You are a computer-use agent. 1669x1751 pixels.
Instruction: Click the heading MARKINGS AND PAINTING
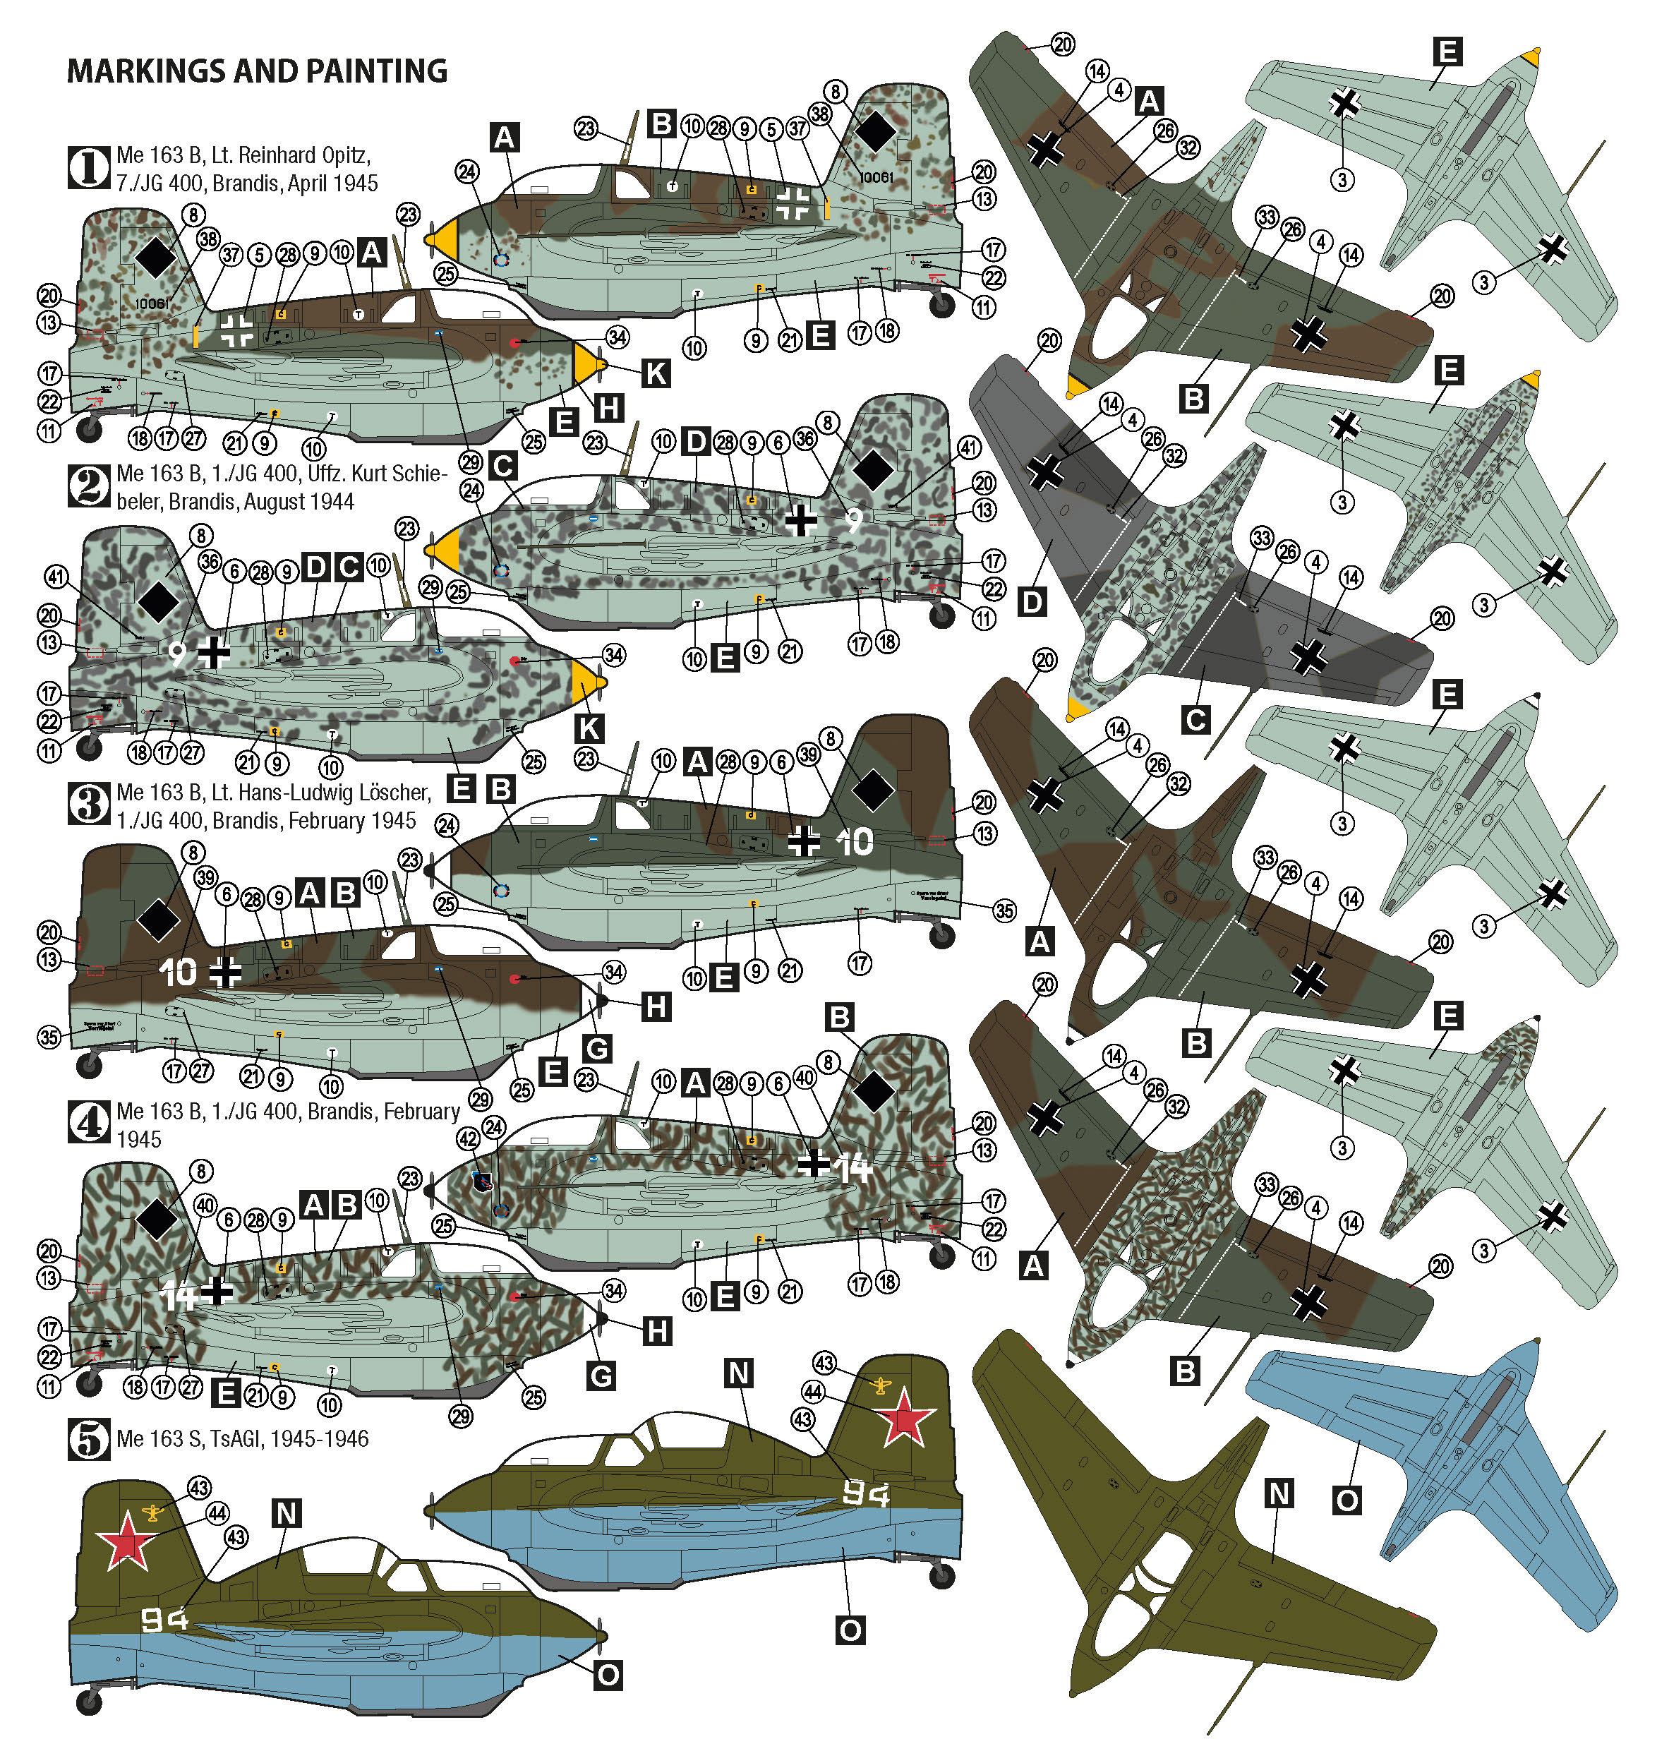pos(257,71)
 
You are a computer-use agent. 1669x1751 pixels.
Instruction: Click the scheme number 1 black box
pos(88,168)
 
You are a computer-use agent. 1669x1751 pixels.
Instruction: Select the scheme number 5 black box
pos(88,1439)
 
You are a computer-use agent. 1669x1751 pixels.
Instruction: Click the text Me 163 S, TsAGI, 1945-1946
pos(242,1439)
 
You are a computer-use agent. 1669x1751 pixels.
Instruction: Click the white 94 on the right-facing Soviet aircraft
pos(864,1495)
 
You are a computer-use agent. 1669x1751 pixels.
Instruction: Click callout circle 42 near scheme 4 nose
pos(468,1139)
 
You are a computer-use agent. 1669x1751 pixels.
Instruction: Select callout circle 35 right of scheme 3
pos(1004,910)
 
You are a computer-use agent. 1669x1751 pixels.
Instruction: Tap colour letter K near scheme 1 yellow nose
pos(656,373)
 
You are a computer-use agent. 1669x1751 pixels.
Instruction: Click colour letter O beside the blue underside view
pos(1347,1501)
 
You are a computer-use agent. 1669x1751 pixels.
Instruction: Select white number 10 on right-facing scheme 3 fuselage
pos(855,842)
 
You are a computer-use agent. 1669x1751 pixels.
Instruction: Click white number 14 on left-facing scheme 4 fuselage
pos(177,1296)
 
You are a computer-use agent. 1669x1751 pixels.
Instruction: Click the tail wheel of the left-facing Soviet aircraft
pos(89,1703)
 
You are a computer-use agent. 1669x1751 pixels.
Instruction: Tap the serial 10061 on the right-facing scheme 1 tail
pos(876,177)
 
